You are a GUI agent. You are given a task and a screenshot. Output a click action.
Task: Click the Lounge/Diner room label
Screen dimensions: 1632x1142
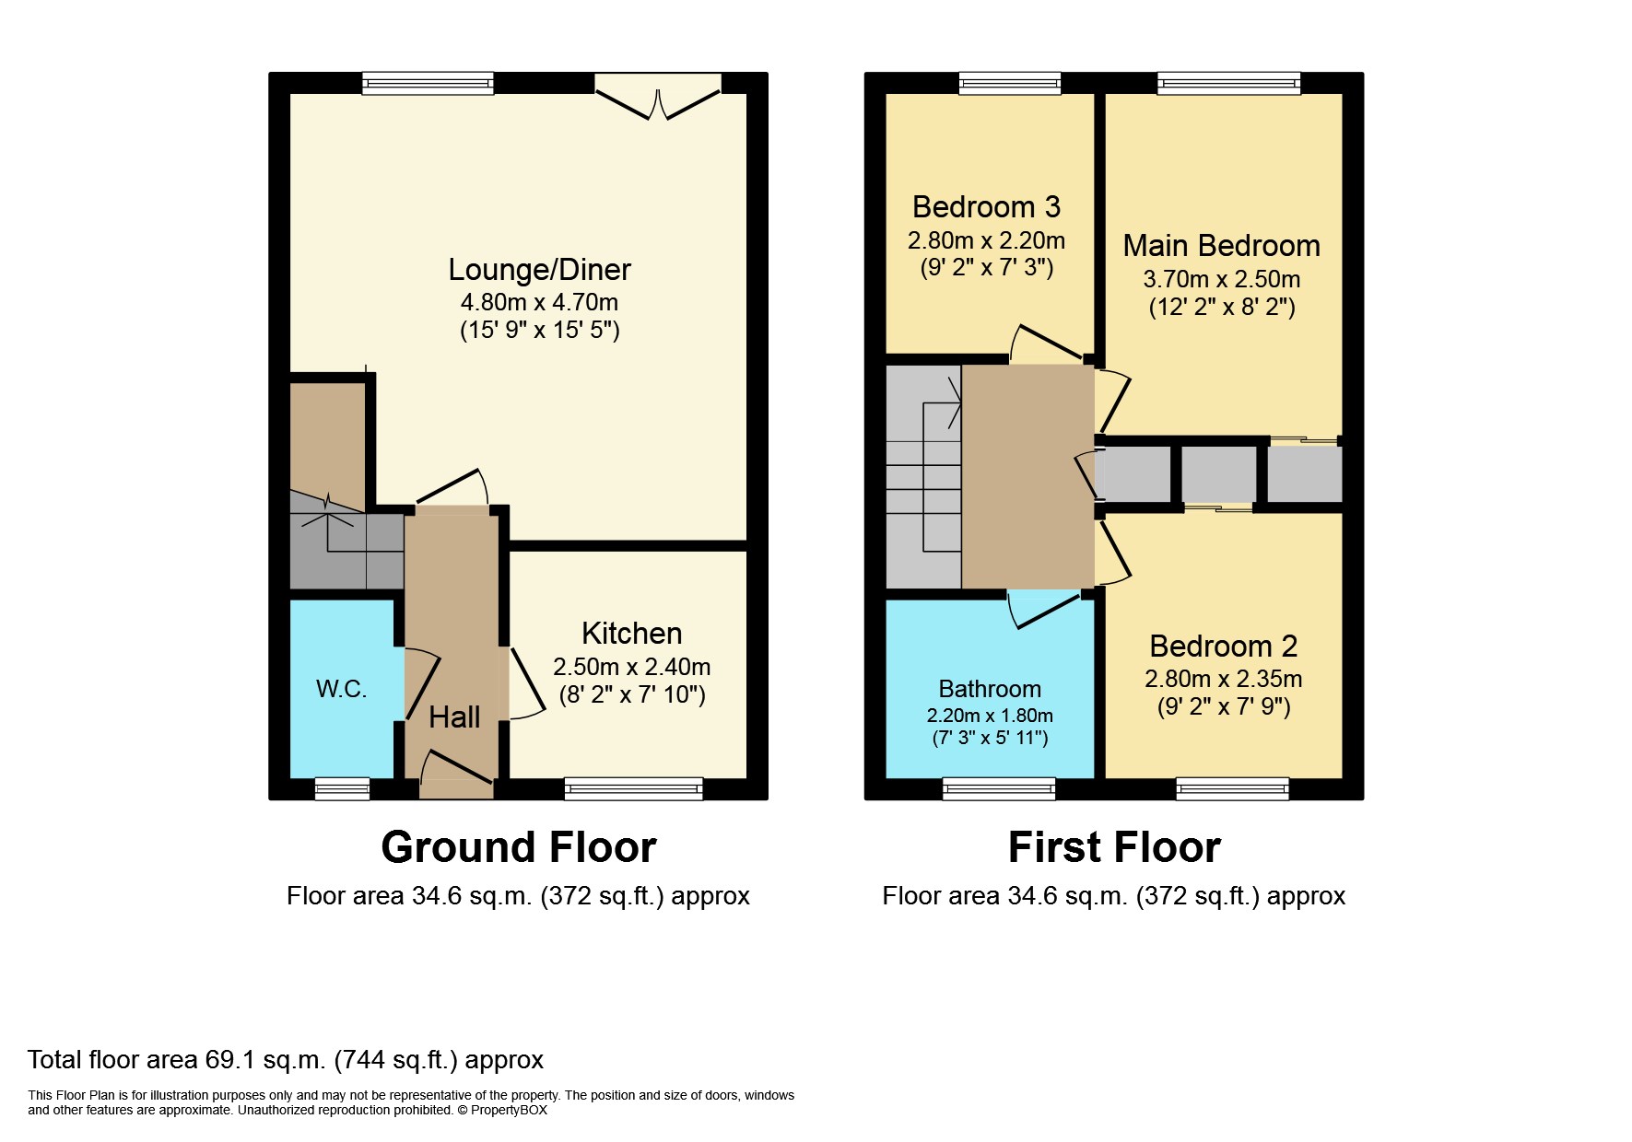coord(539,270)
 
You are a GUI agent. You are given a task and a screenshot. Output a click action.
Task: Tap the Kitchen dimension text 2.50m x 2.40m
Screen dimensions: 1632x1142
coord(631,667)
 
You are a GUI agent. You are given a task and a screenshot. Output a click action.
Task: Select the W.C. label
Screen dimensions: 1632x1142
coord(342,689)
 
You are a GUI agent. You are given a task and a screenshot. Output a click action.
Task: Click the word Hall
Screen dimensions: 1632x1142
coord(454,717)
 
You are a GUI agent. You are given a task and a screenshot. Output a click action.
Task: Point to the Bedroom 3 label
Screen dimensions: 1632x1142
coord(986,207)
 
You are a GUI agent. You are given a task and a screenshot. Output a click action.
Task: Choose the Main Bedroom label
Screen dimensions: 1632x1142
coord(1222,246)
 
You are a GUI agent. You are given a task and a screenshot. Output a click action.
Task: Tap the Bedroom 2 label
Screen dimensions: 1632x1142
coord(1224,647)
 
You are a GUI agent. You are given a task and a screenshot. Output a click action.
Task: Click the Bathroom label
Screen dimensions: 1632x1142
coord(990,689)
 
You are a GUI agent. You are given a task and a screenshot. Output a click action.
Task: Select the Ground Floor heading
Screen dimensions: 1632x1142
coord(519,847)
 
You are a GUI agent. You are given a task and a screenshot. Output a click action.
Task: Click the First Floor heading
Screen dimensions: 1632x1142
coord(1114,847)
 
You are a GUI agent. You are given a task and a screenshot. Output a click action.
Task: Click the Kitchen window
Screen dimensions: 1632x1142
coord(634,788)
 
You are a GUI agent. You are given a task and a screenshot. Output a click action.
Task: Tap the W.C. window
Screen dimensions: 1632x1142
coord(342,788)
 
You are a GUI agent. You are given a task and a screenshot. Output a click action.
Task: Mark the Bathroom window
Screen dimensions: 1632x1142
coord(999,788)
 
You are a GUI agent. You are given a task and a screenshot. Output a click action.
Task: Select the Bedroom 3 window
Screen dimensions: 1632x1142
coord(1010,84)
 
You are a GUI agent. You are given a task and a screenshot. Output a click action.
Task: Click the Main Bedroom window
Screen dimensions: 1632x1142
coord(1229,84)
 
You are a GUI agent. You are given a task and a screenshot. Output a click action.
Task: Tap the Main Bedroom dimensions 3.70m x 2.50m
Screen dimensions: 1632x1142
coord(1222,279)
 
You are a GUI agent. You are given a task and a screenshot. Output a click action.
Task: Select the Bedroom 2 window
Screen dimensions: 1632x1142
coord(1233,788)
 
